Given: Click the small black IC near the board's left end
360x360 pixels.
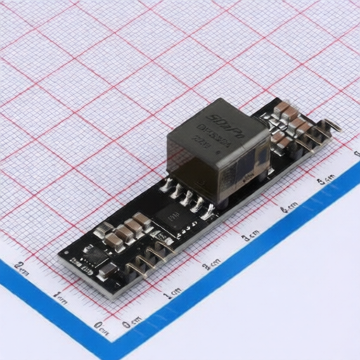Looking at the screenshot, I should pos(94,252).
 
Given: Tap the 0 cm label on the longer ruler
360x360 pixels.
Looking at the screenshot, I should pos(129,323).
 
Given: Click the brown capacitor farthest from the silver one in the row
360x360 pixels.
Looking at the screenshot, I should pos(142,219).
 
